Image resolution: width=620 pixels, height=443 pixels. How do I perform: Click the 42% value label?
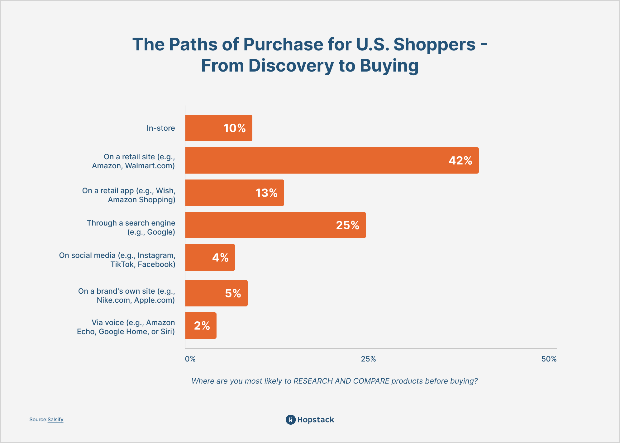point(460,161)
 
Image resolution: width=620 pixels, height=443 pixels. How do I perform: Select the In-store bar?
point(218,128)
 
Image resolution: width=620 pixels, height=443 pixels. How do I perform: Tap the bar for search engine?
point(275,225)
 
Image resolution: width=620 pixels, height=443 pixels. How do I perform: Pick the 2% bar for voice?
point(201,326)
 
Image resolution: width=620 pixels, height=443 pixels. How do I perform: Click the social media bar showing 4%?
point(210,258)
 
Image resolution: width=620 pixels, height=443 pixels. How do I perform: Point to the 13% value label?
point(266,193)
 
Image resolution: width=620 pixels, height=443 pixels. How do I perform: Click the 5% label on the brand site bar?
point(233,293)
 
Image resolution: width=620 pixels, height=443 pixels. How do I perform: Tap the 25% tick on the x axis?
point(368,359)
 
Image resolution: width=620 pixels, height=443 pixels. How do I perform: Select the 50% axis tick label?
point(549,359)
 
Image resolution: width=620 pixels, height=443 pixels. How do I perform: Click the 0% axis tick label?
point(190,359)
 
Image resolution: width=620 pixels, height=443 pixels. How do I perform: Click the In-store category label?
point(161,128)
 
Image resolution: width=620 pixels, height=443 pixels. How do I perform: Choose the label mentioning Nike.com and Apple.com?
point(126,296)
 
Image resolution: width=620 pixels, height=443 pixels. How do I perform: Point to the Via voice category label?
point(126,327)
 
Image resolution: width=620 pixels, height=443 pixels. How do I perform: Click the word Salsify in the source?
point(55,420)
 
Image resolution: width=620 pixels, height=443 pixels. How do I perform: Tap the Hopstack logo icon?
point(290,420)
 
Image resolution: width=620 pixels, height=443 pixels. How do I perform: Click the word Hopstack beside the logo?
point(315,420)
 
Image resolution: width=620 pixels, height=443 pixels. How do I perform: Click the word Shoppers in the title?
point(434,44)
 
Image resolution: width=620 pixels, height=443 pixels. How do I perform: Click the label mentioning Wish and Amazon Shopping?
point(129,195)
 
